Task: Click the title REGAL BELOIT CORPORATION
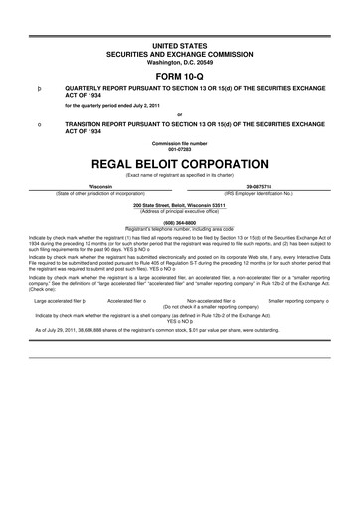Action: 179,162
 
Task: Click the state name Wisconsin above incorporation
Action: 100,186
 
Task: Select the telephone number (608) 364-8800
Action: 179,222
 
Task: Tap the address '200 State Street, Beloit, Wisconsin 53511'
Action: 179,204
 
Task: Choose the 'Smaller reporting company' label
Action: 298,299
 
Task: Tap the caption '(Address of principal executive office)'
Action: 179,210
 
